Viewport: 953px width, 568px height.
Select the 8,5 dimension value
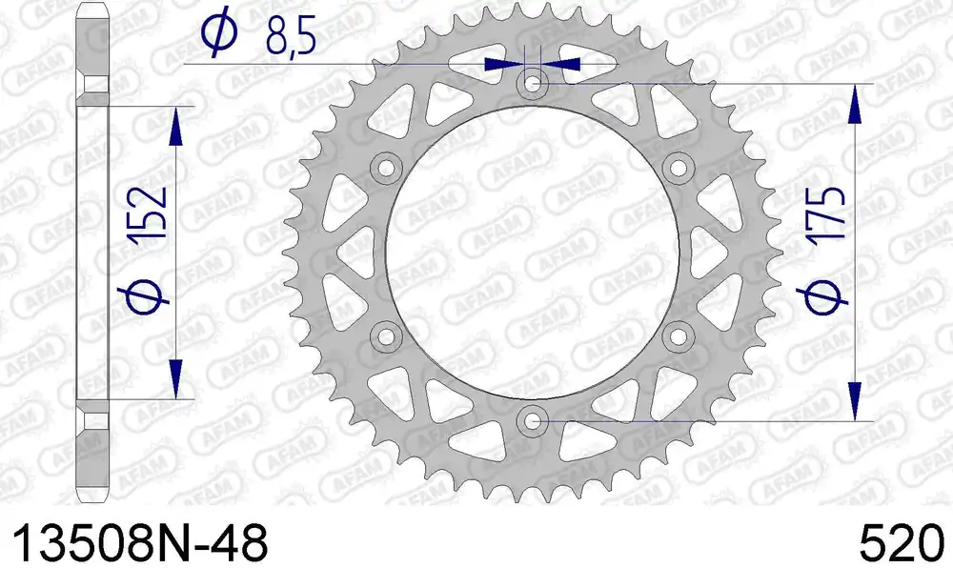pyautogui.click(x=291, y=39)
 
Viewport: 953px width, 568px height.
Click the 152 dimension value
pyautogui.click(x=149, y=212)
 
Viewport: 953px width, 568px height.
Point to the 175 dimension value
pyautogui.click(x=825, y=213)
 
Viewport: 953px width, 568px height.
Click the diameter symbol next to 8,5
pyautogui.click(x=219, y=31)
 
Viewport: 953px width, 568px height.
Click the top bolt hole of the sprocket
pyautogui.click(x=533, y=84)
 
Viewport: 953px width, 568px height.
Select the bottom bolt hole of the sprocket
pyautogui.click(x=533, y=420)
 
